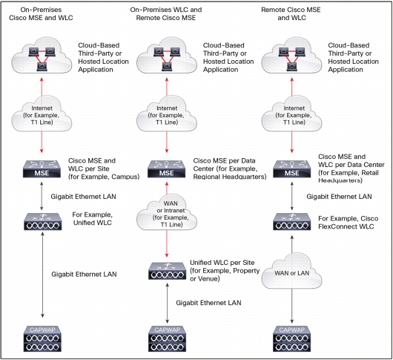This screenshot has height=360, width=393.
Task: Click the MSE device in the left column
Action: pyautogui.click(x=42, y=169)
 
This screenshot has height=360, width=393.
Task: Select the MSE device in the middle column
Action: pyautogui.click(x=166, y=169)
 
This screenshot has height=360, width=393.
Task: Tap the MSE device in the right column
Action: pyautogui.click(x=291, y=169)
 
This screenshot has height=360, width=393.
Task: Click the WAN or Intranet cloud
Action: pyautogui.click(x=167, y=212)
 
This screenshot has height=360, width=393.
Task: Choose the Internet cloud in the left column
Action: pyautogui.click(x=42, y=114)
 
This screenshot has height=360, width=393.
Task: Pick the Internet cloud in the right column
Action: pyautogui.click(x=291, y=114)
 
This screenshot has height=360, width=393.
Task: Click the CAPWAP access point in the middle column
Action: pyautogui.click(x=167, y=338)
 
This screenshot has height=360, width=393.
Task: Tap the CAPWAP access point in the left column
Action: pyautogui.click(x=42, y=338)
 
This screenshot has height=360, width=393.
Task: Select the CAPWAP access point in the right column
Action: pyautogui.click(x=291, y=338)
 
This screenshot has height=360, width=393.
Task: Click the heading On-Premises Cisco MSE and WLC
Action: pyautogui.click(x=41, y=14)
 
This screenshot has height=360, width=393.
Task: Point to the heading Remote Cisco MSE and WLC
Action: pyautogui.click(x=291, y=14)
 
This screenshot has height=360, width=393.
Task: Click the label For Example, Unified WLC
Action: pyautogui.click(x=93, y=219)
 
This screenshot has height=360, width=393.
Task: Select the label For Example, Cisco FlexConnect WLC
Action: pyautogui.click(x=349, y=223)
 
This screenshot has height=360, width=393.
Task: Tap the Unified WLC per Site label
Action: pyautogui.click(x=225, y=271)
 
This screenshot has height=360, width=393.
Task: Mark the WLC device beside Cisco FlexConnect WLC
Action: pyautogui.click(x=291, y=221)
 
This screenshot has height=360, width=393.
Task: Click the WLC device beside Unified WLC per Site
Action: pyautogui.click(x=167, y=271)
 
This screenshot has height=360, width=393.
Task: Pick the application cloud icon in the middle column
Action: pyautogui.click(x=167, y=56)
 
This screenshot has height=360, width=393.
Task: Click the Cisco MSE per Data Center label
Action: pyautogui.click(x=230, y=168)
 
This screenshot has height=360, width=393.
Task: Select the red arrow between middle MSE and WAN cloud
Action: pyautogui.click(x=167, y=188)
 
